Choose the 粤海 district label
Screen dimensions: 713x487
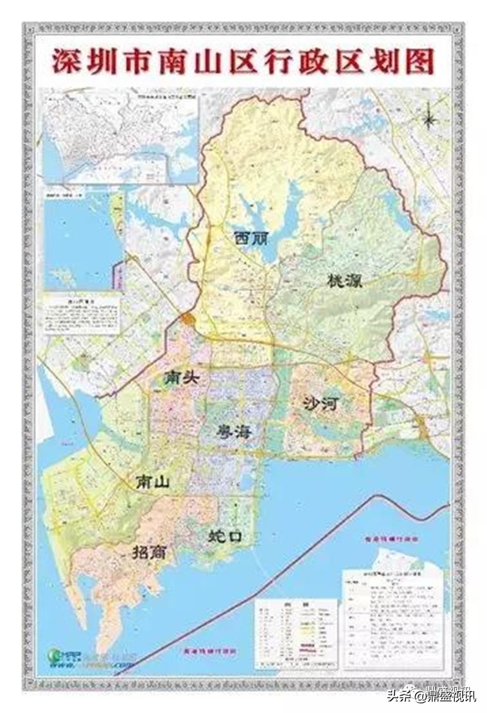pyautogui.click(x=234, y=432)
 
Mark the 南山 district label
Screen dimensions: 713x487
pyautogui.click(x=152, y=482)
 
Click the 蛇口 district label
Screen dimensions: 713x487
pyautogui.click(x=226, y=535)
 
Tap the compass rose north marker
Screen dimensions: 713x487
pyautogui.click(x=430, y=118)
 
